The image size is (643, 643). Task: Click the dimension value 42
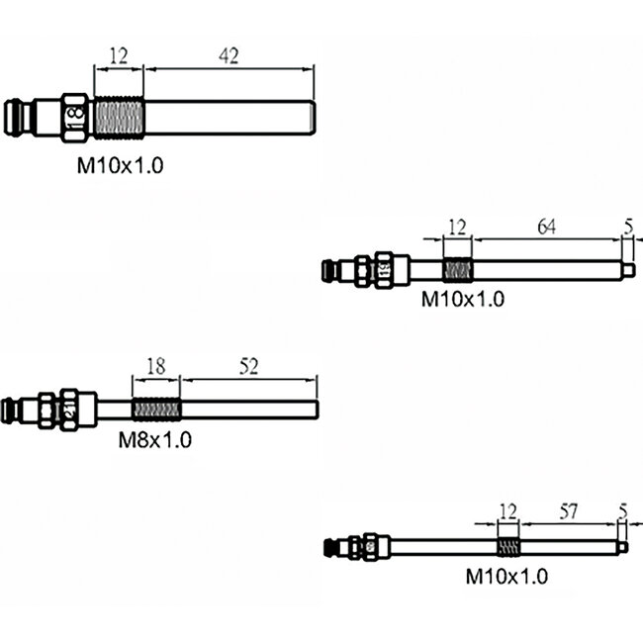pos(229,57)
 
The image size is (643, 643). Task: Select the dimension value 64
pos(546,227)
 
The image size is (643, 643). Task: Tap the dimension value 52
pos(248,367)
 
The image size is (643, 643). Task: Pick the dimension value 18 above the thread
pos(156,367)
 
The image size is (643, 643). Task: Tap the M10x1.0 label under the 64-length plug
pos(463,298)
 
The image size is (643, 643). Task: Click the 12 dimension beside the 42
pos(119,57)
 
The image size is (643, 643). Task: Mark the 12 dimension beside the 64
pos(456,227)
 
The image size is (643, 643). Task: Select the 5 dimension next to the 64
pos(628,227)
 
